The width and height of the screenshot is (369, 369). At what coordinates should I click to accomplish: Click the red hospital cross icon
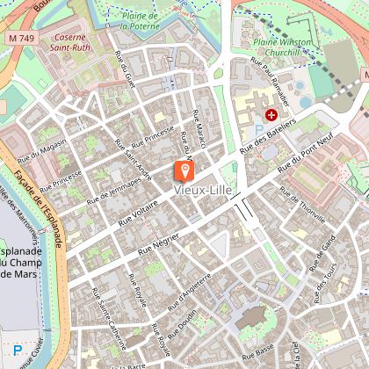coord(271,115)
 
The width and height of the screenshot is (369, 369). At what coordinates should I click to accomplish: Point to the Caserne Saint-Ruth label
coord(76,44)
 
